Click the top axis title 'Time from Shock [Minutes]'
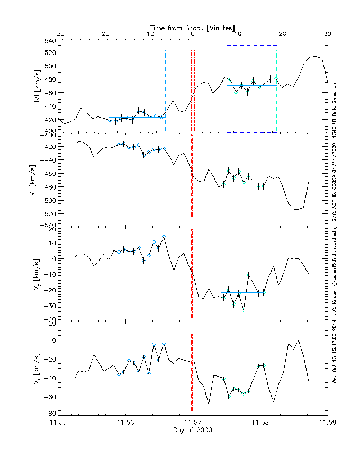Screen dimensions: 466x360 point(193,27)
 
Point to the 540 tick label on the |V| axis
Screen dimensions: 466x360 point(49,41)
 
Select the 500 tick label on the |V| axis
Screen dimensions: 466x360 point(49,66)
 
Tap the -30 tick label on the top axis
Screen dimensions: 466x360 point(58,34)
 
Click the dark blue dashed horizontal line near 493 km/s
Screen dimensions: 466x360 point(137,70)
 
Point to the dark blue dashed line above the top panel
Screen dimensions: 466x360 point(251,46)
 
